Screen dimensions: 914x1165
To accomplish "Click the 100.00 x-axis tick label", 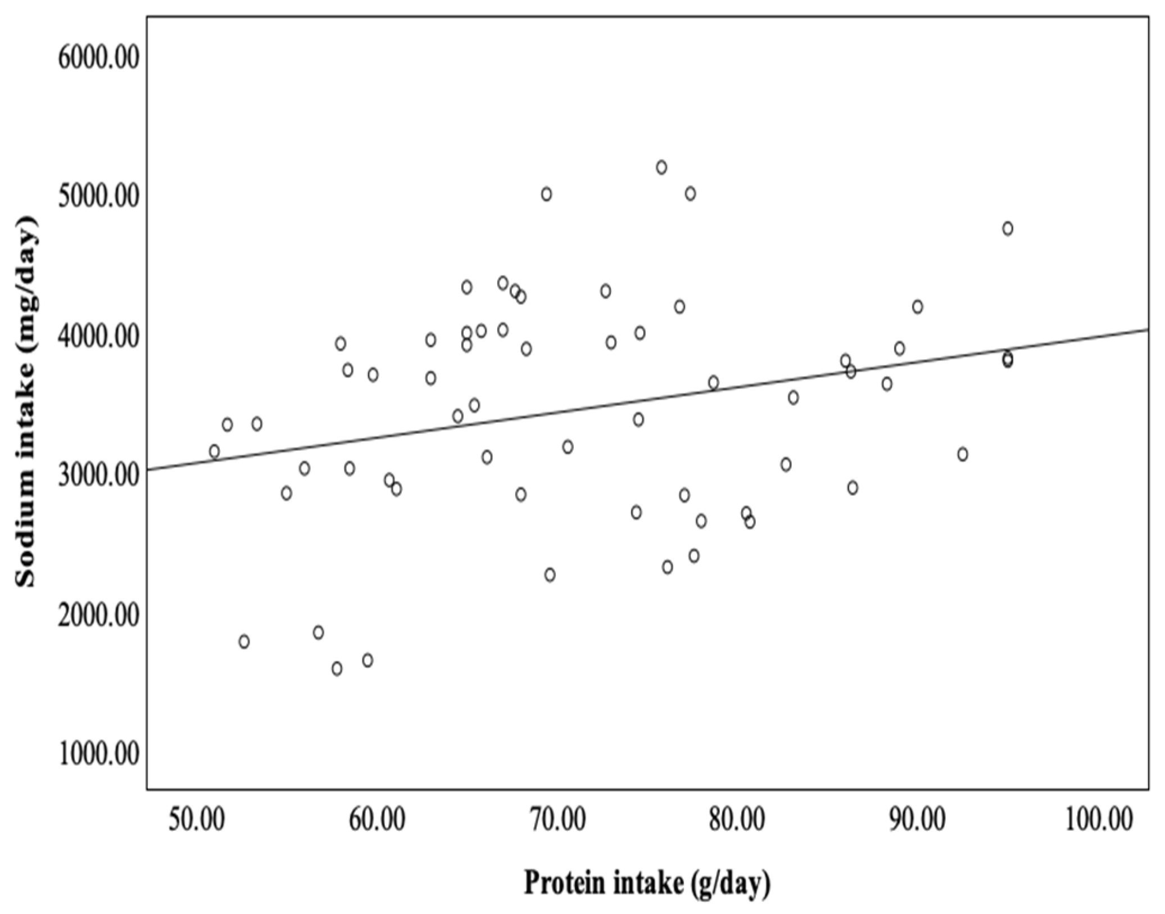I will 1099,820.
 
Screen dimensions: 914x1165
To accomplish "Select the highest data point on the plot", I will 661,168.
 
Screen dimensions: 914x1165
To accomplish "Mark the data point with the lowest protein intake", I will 214,451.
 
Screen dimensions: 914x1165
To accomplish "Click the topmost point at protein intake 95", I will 1008,229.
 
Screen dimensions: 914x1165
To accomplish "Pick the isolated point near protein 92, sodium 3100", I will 963,454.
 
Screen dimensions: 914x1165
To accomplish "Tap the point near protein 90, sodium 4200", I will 918,307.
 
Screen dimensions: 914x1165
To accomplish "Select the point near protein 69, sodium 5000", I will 546,194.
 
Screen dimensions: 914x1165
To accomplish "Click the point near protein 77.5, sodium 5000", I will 690,194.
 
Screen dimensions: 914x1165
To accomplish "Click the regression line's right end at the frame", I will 1147,329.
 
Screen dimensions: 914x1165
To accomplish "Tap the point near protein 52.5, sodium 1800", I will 244,642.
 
